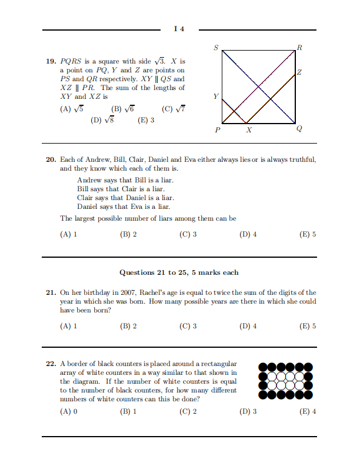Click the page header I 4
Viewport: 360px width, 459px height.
click(179, 29)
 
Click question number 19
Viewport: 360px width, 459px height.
click(51, 61)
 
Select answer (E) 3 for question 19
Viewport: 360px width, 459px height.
click(146, 120)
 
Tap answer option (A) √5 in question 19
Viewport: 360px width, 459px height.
click(72, 109)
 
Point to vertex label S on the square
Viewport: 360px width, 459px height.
click(216, 48)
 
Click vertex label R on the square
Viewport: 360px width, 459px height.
click(300, 48)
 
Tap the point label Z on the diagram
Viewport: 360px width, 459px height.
click(299, 72)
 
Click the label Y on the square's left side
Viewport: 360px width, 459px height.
click(216, 96)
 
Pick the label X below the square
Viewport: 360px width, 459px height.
click(248, 131)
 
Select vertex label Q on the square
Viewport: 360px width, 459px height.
click(300, 130)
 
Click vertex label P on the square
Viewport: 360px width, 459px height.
click(218, 131)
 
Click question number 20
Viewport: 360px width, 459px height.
click(51, 159)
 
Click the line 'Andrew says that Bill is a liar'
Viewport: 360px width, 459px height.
click(125, 180)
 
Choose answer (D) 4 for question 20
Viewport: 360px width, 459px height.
click(248, 234)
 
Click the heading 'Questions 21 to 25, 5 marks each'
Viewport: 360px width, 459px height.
click(179, 272)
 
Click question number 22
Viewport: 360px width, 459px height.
click(51, 364)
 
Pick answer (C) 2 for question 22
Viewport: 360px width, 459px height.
click(188, 411)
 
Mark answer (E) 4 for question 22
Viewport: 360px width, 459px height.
click(308, 411)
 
